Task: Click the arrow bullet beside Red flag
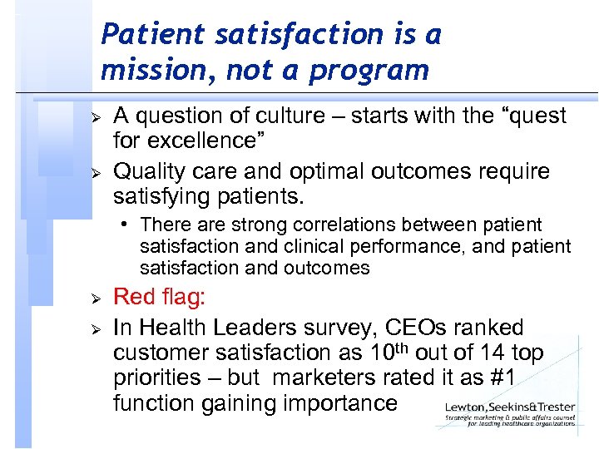pos(95,299)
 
